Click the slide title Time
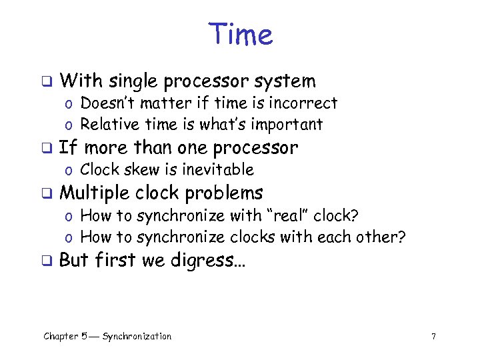240,34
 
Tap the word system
285,81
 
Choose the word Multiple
94,193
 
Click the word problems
224,193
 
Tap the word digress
209,260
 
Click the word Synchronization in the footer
137,337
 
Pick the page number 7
433,337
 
